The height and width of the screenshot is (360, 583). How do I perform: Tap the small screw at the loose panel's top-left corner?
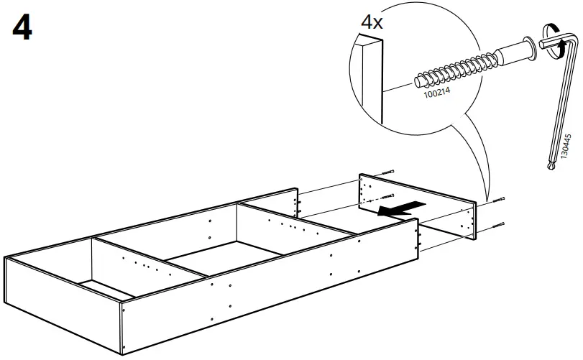pos(389,172)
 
